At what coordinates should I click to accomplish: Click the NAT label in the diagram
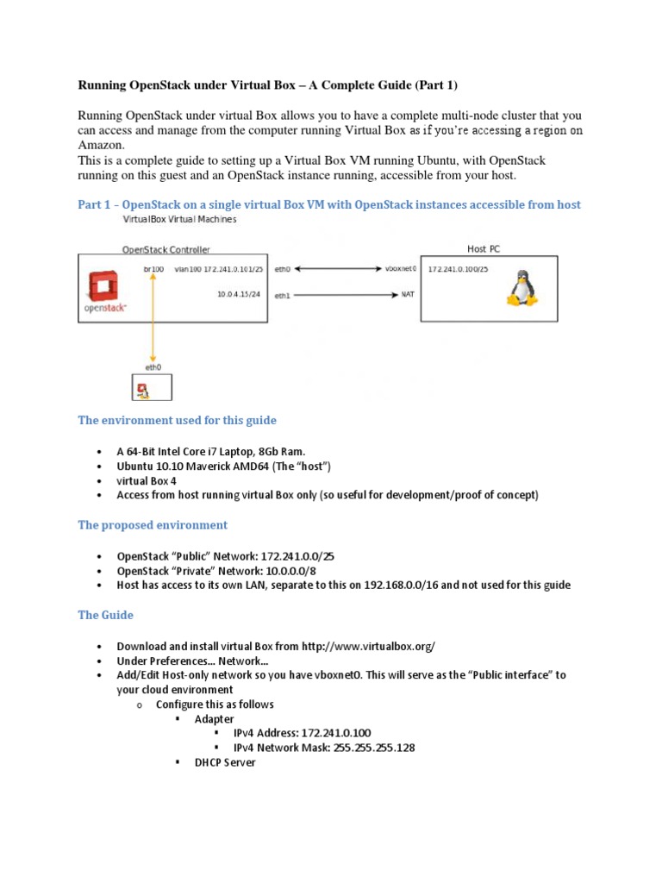tap(408, 295)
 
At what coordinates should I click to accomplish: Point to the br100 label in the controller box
tap(153, 269)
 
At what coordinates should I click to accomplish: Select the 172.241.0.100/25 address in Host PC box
tap(458, 269)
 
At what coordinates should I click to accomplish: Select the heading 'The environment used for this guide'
tap(178, 420)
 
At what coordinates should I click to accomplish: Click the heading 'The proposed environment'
tap(153, 524)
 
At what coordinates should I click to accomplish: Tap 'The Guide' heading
tap(105, 615)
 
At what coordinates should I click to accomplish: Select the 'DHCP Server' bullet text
tap(225, 763)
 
